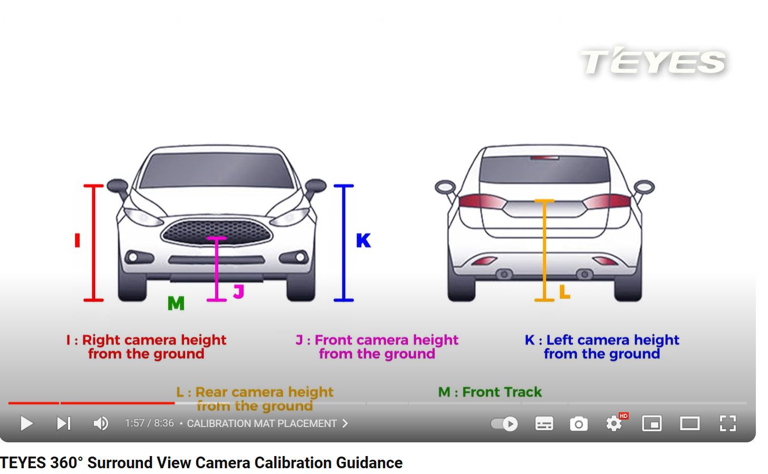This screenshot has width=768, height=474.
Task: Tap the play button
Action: [26, 423]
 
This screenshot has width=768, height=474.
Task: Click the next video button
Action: [64, 423]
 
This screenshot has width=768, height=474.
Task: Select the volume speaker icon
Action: [101, 423]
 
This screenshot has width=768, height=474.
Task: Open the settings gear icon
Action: [613, 423]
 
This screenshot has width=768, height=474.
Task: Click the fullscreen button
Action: [727, 423]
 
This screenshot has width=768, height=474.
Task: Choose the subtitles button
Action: [544, 423]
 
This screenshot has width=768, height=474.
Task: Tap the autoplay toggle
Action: [504, 423]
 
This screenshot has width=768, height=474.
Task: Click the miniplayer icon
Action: [652, 423]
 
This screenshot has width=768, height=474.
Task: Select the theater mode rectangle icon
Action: [689, 423]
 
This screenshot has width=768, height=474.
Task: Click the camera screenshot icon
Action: [579, 423]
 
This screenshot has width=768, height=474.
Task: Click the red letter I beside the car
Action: [78, 241]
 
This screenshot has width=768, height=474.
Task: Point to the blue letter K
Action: [363, 241]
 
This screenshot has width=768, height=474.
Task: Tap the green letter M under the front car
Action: [176, 304]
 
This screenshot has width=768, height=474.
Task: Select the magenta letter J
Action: [239, 291]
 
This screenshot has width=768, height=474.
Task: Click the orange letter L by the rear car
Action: [564, 291]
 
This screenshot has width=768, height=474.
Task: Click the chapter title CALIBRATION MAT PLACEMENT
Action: [262, 423]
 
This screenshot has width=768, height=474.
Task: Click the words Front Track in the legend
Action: [502, 392]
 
